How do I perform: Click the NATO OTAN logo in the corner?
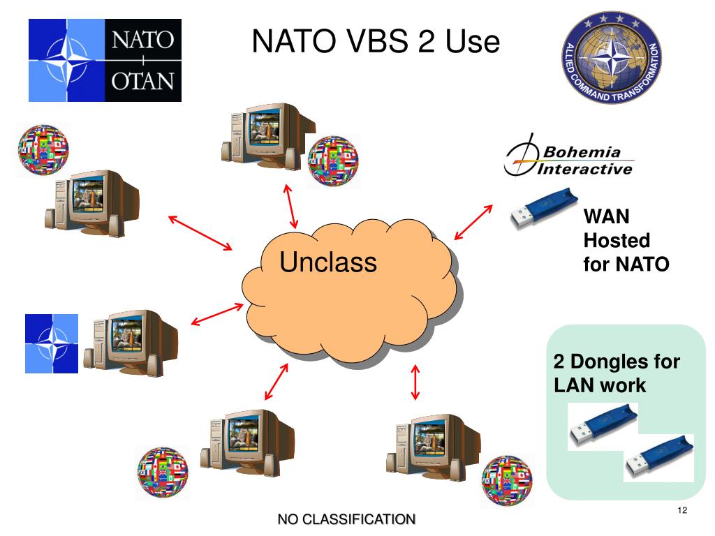[105, 60]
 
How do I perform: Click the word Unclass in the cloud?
[327, 262]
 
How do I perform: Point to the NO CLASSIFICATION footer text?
[346, 519]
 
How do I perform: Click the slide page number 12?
[682, 511]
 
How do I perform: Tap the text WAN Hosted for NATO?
[626, 241]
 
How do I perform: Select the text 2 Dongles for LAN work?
[617, 373]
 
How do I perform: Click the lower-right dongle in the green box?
[658, 458]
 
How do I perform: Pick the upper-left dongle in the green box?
[602, 427]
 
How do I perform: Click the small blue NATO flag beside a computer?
[52, 343]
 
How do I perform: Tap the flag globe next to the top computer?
[332, 161]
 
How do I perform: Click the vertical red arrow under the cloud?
[416, 382]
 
